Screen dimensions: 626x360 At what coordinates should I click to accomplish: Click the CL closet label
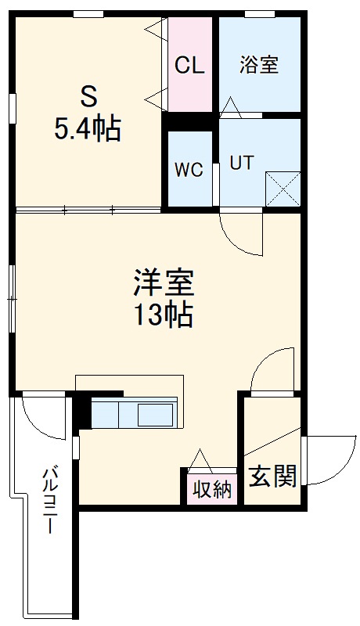pos(189,66)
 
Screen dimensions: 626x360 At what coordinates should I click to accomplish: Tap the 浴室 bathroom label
pos(259,65)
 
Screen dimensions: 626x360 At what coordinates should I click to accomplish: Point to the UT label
pos(240,163)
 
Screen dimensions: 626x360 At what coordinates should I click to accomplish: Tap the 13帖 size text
pos(164,315)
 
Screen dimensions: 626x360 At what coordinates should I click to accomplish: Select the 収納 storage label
pos(212,490)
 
